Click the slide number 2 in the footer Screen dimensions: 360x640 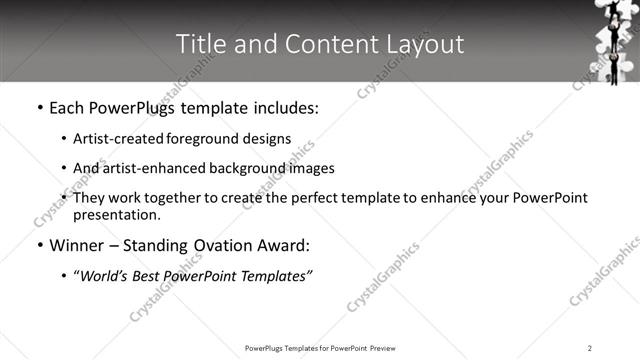[x=590, y=347]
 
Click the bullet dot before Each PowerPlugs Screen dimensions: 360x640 [x=39, y=108]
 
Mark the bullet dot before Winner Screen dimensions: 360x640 [x=39, y=246]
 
